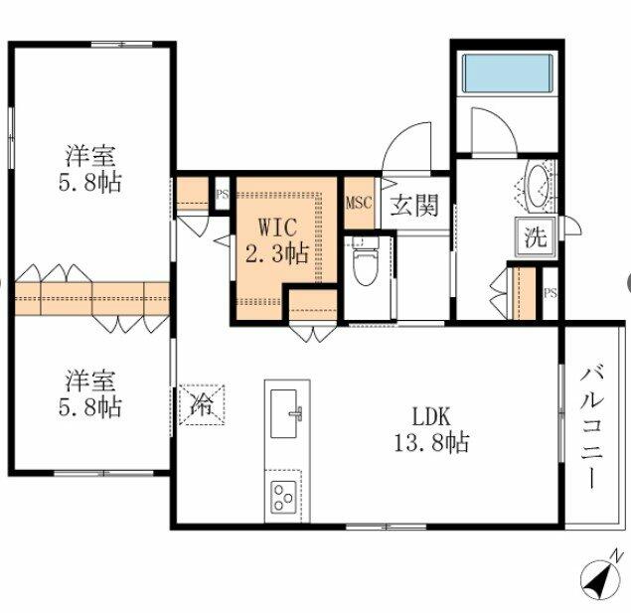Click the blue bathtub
pos(508,73)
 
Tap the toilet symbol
pos(366,261)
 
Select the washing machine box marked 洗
pos(536,236)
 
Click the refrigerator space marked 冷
pos(202,404)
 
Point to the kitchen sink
pos(284,413)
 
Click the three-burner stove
pos(283,498)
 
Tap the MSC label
pos(359,203)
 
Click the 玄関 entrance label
pos(414,205)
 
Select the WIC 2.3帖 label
pos(277,240)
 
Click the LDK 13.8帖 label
pos(431,429)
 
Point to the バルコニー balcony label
pos(591,425)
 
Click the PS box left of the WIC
pos(223,194)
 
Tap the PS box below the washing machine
pos(551,293)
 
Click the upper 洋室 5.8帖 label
pos(90,169)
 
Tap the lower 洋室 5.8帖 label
pos(90,393)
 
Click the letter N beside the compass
pos(616,555)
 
